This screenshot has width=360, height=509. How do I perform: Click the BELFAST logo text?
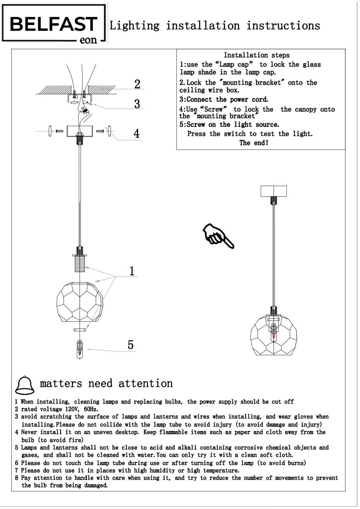point(53,24)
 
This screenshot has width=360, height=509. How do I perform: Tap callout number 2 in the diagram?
point(137,84)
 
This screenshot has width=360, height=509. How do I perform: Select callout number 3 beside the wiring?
point(137,104)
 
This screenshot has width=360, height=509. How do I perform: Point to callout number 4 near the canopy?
point(137,133)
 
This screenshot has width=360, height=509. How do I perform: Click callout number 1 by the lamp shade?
point(132,271)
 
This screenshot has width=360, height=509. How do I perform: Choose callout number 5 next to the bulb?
point(131,345)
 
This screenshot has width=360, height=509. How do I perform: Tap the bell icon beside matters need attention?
point(24,385)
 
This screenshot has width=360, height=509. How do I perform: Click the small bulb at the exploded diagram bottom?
point(80,348)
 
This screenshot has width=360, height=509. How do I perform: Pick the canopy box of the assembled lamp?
point(273,191)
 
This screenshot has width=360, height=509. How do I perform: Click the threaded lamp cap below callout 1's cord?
point(80,263)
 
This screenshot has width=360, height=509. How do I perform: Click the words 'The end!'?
point(254,143)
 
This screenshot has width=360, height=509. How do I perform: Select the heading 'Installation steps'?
point(256,55)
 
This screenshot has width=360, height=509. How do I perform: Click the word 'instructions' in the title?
point(283,26)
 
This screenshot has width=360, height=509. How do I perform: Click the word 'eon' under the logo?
point(88,40)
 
